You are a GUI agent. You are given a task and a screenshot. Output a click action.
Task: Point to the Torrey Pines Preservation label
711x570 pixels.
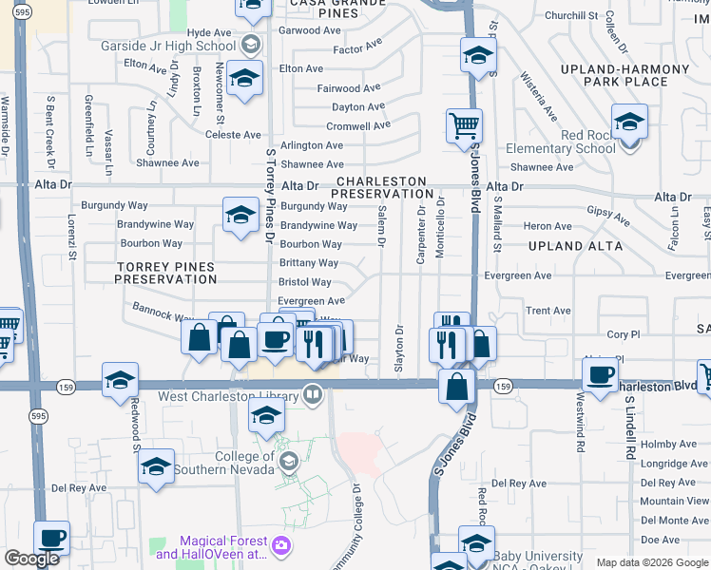(x=165, y=274)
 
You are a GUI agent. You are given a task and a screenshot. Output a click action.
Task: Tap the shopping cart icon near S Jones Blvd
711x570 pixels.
(x=464, y=125)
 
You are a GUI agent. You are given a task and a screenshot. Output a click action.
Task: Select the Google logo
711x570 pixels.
(x=31, y=558)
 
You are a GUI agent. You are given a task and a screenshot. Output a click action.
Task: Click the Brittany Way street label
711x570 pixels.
(x=308, y=263)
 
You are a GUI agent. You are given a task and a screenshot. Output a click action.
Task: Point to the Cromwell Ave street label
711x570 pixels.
(x=358, y=125)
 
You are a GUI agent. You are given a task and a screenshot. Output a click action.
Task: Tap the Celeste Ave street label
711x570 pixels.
(x=233, y=135)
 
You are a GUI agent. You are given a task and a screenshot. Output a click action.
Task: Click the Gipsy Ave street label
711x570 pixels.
(x=607, y=216)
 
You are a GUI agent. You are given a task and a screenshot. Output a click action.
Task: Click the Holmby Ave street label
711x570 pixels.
(x=668, y=444)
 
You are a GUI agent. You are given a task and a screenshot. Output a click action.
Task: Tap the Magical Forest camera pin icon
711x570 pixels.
(x=280, y=545)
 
